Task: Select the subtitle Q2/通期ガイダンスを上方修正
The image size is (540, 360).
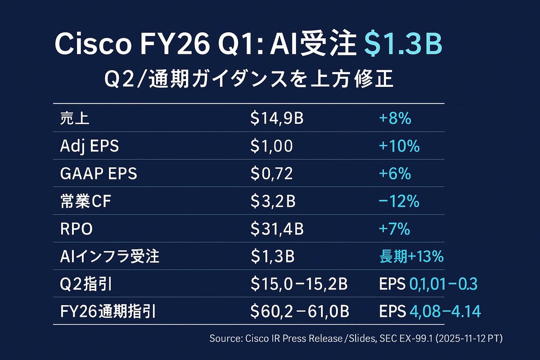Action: tap(248, 81)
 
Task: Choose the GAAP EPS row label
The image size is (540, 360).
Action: tap(98, 174)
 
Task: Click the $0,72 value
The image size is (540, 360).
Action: tap(272, 174)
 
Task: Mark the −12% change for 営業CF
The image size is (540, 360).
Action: tap(399, 202)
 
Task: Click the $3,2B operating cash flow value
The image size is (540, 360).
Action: tap(273, 202)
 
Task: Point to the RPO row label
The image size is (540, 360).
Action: tap(76, 229)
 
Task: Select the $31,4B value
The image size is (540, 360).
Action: tap(277, 229)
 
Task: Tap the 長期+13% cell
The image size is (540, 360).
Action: tap(411, 256)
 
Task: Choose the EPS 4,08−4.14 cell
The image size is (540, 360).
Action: tap(430, 311)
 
